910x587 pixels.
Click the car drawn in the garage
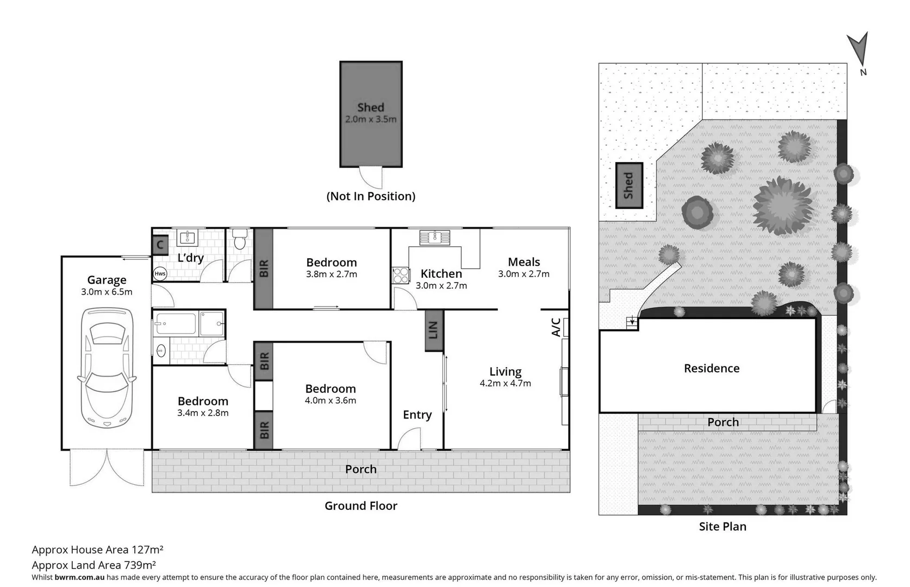click(x=107, y=368)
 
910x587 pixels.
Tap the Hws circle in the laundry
click(x=160, y=273)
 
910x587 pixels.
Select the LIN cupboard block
click(x=433, y=330)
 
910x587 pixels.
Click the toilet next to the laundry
click(x=240, y=239)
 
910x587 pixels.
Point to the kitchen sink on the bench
click(x=434, y=238)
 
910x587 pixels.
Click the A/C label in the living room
click(x=556, y=327)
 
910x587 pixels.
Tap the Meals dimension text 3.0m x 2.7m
click(x=523, y=274)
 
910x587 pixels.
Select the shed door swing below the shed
click(x=371, y=177)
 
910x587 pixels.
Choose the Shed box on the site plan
click(x=629, y=185)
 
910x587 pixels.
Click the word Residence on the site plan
click(x=711, y=369)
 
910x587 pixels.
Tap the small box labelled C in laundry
click(x=160, y=245)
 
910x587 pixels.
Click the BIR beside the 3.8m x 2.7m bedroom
click(x=264, y=268)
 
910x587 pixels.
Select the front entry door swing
click(x=409, y=439)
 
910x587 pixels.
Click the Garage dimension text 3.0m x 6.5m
click(x=107, y=292)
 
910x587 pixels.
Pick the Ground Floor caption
click(x=360, y=506)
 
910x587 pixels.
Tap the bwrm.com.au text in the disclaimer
click(x=79, y=578)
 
